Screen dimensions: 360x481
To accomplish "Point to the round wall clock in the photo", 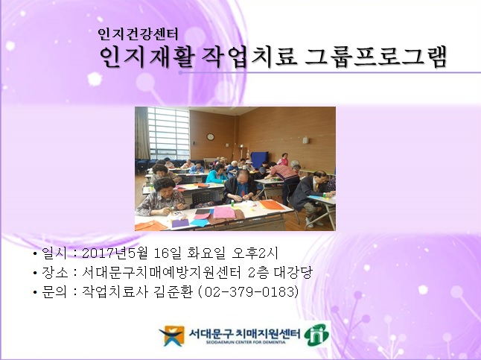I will (x=211, y=136).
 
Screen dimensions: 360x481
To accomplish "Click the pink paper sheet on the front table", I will (x=224, y=212).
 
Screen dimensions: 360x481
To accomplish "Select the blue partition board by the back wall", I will (x=258, y=158).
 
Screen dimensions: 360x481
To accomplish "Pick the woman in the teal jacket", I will (x=215, y=174).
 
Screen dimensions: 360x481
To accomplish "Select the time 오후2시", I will (x=258, y=253).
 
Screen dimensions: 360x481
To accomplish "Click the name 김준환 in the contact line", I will (x=176, y=291).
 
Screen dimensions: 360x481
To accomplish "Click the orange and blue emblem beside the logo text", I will (x=172, y=335).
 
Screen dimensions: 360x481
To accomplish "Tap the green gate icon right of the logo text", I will (x=317, y=334).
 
